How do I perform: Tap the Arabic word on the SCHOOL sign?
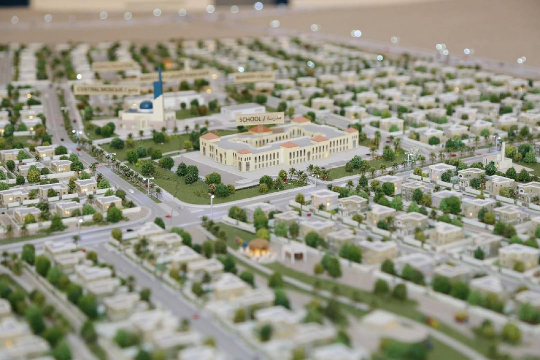coord(275,118)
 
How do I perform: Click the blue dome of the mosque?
coord(146,106)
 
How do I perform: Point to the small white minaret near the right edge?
coord(502,153)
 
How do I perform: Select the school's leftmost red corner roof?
coord(210,136)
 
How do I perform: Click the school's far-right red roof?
coord(351,130)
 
